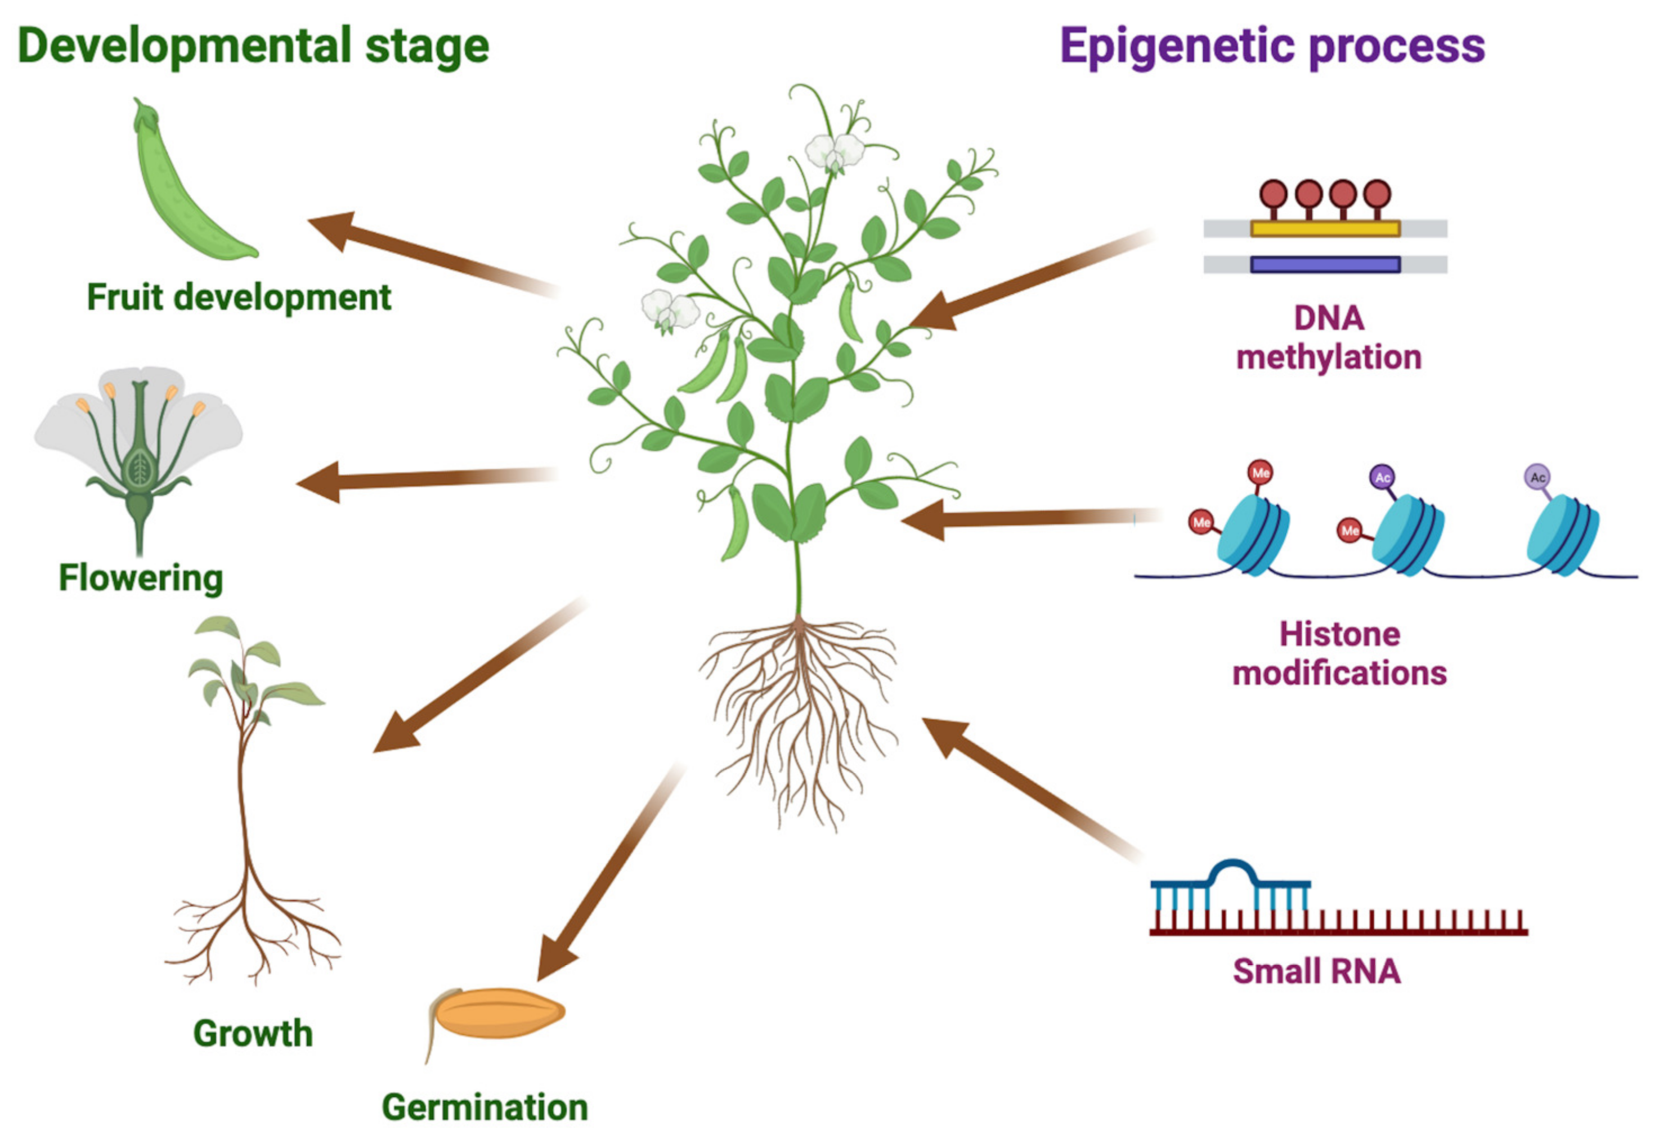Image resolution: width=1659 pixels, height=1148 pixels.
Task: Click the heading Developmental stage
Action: click(x=253, y=47)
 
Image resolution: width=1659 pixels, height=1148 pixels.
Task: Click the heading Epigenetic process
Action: click(x=1271, y=47)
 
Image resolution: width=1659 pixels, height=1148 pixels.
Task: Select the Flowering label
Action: click(x=141, y=577)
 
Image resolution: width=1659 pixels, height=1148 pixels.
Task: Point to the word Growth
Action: click(x=253, y=1034)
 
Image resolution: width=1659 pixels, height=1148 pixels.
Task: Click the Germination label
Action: click(x=485, y=1107)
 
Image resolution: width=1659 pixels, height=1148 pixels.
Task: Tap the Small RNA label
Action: click(x=1316, y=972)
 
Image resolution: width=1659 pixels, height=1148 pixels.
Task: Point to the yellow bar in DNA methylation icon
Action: click(x=1325, y=228)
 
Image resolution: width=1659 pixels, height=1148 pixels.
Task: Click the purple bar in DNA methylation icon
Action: click(x=1325, y=264)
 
